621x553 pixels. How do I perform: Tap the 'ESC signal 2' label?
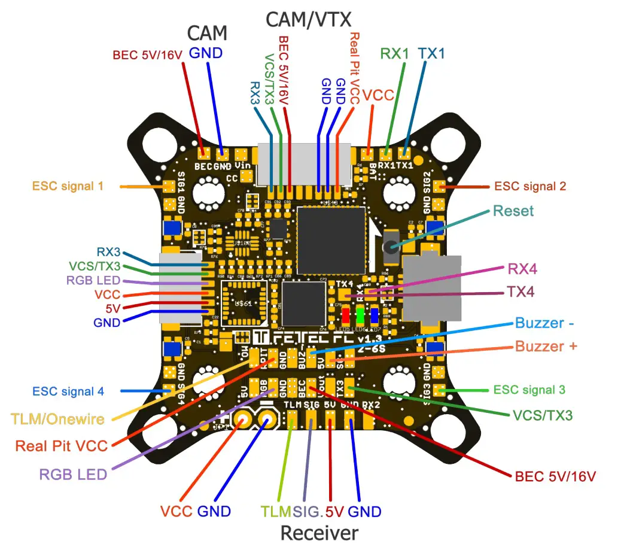(x=529, y=186)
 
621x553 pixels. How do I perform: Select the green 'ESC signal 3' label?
(x=529, y=390)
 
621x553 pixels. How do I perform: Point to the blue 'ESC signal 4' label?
(x=68, y=391)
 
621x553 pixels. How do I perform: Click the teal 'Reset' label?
(x=513, y=211)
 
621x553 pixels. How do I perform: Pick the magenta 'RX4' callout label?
(x=522, y=269)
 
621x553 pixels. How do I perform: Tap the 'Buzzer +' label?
(x=546, y=346)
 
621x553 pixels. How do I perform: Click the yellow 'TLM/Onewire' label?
(x=57, y=419)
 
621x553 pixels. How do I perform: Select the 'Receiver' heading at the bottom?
(x=319, y=533)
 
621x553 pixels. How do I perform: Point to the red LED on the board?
(x=345, y=315)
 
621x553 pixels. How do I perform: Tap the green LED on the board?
(x=360, y=315)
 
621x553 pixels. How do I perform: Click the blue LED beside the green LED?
(x=374, y=315)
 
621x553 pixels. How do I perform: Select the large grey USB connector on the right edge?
(x=433, y=287)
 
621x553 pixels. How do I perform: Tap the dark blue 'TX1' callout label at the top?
(x=431, y=53)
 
